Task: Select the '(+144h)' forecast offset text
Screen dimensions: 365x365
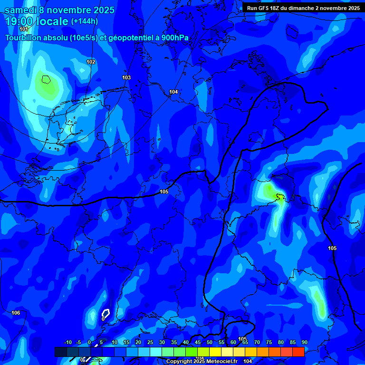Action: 84,21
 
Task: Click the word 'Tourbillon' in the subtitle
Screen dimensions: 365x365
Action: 24,38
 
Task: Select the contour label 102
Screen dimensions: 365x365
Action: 91,62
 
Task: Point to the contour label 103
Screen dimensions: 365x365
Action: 126,77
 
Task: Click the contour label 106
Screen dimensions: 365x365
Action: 16,313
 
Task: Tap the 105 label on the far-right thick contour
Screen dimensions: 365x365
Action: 332,249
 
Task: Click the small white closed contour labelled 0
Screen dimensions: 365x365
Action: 106,314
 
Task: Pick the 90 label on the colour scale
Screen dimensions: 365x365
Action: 304,342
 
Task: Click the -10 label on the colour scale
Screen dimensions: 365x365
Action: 67,342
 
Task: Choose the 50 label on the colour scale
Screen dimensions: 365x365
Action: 210,342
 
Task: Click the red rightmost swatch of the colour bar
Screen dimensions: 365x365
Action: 298,352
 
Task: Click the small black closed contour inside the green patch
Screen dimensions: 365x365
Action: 46,79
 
